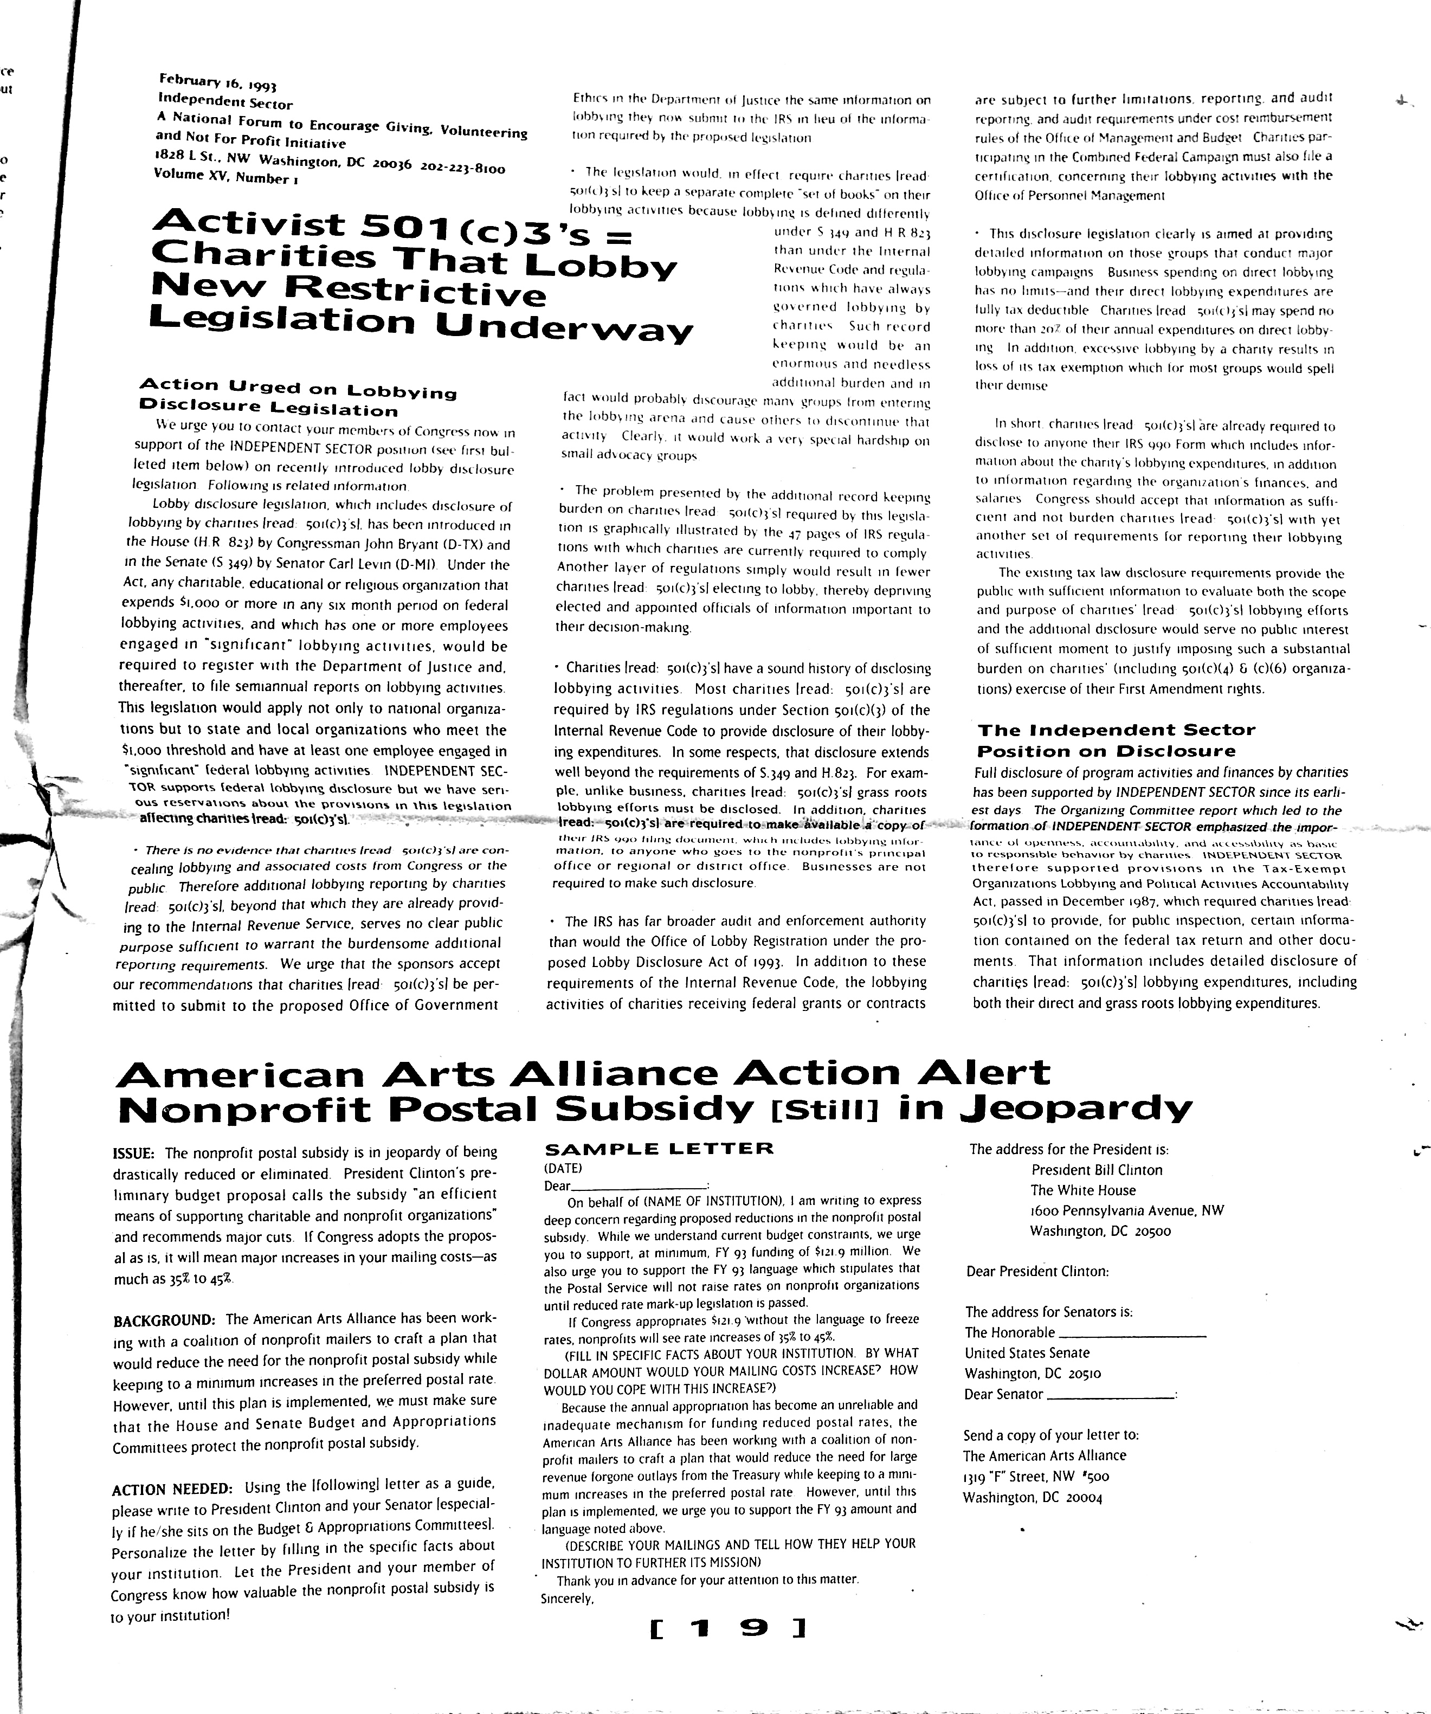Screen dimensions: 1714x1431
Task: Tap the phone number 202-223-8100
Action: coord(463,168)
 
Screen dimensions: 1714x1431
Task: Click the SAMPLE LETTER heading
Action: coord(658,1149)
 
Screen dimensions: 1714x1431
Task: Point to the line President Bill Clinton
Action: coord(1097,1170)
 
